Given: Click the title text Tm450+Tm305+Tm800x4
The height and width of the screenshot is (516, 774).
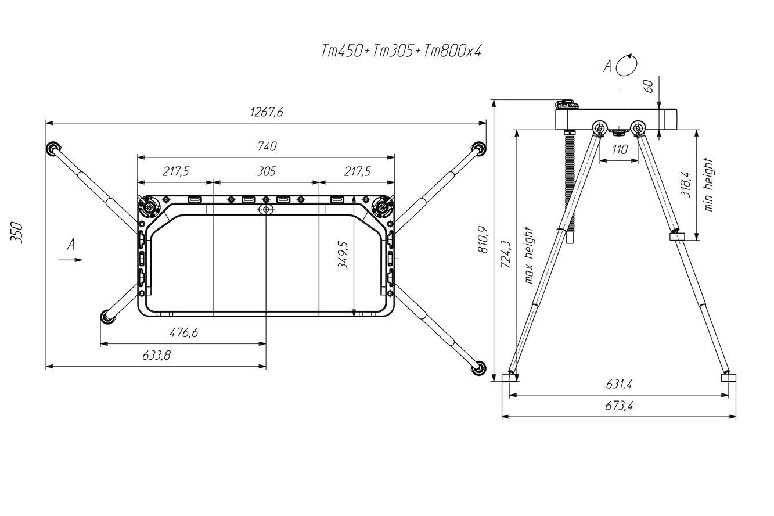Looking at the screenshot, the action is point(401,51).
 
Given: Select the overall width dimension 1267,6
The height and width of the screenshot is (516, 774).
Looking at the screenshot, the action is point(267,112).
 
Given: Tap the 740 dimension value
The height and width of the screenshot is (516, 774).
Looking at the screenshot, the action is point(267,146).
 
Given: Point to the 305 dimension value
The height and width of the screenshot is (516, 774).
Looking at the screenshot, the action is point(267,171).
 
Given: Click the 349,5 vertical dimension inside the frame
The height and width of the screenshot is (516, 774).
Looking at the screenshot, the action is point(343,255).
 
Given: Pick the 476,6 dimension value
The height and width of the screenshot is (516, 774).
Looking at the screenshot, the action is point(184,333).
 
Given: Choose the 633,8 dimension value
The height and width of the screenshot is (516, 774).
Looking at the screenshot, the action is point(157,355).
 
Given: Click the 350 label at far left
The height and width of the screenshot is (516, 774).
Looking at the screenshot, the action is point(17,233).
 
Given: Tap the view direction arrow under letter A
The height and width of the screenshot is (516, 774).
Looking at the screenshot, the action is point(70,260).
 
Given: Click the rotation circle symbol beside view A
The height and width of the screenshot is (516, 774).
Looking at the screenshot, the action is point(627,65).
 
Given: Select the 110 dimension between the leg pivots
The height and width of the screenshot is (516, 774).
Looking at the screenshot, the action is point(620,149).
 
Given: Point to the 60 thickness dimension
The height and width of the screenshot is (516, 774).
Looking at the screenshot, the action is point(649,86).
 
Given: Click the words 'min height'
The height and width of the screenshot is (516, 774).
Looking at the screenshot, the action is point(708,185).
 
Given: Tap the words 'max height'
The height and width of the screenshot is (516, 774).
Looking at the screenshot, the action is point(528,255).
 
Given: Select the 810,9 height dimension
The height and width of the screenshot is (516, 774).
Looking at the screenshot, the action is point(483,239).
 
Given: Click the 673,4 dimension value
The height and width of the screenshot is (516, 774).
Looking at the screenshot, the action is point(619,406).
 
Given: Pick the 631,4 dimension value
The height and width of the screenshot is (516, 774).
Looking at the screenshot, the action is point(619,384).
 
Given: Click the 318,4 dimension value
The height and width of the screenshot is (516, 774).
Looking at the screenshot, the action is point(685,184).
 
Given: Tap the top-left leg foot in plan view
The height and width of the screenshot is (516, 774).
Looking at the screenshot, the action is point(53,148).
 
